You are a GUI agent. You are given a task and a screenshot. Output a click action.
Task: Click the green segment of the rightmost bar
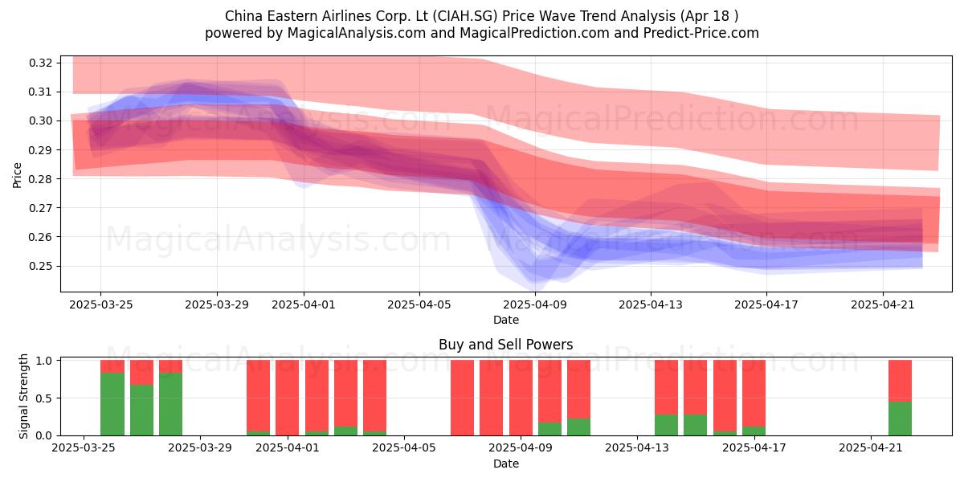click(x=900, y=419)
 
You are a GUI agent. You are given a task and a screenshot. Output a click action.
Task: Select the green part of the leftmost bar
click(x=112, y=404)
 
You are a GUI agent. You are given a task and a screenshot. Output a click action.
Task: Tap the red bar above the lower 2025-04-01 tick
click(x=287, y=398)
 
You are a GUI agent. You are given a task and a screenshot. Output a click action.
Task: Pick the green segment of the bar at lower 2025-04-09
click(x=549, y=429)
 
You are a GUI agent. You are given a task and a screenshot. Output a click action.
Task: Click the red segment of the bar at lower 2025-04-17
click(x=754, y=394)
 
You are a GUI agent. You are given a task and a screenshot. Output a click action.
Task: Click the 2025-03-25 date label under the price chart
click(x=101, y=304)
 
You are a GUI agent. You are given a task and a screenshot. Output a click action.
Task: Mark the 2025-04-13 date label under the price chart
click(x=651, y=304)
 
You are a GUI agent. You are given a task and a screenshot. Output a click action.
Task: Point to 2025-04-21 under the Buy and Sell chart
click(x=871, y=447)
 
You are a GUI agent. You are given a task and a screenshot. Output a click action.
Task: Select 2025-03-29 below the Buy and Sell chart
click(x=200, y=447)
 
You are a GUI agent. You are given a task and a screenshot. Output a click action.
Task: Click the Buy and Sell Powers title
click(x=505, y=345)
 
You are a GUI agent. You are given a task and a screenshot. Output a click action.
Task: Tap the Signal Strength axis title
click(x=23, y=396)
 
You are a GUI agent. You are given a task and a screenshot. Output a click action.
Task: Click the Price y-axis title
click(x=17, y=175)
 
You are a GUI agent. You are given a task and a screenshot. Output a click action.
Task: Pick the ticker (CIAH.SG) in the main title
click(x=465, y=16)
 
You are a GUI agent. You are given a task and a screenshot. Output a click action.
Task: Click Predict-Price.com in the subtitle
click(x=701, y=33)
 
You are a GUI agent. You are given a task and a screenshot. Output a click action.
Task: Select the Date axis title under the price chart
click(x=506, y=320)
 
